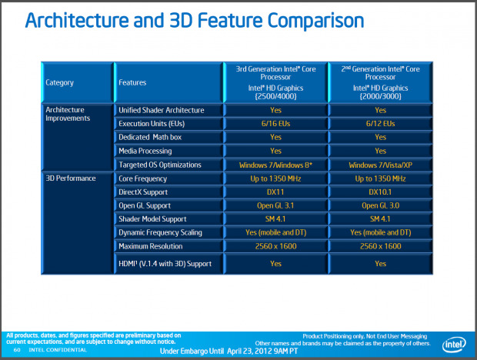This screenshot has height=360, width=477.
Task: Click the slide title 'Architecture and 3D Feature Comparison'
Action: (x=195, y=20)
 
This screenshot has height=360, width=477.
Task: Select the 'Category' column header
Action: (x=60, y=82)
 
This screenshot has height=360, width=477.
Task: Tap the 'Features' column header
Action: (x=132, y=82)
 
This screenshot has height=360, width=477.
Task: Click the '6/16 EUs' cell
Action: (x=275, y=123)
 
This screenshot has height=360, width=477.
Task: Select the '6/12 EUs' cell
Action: (x=381, y=123)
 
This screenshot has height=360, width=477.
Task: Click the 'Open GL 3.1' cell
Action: (x=275, y=205)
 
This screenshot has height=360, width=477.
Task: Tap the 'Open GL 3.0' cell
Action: (x=381, y=205)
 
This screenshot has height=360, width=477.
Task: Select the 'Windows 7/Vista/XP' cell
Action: (x=381, y=165)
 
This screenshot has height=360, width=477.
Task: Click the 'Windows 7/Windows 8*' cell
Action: (x=275, y=165)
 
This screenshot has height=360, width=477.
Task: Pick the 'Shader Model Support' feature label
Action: (x=153, y=218)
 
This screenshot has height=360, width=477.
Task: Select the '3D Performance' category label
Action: (x=71, y=178)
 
